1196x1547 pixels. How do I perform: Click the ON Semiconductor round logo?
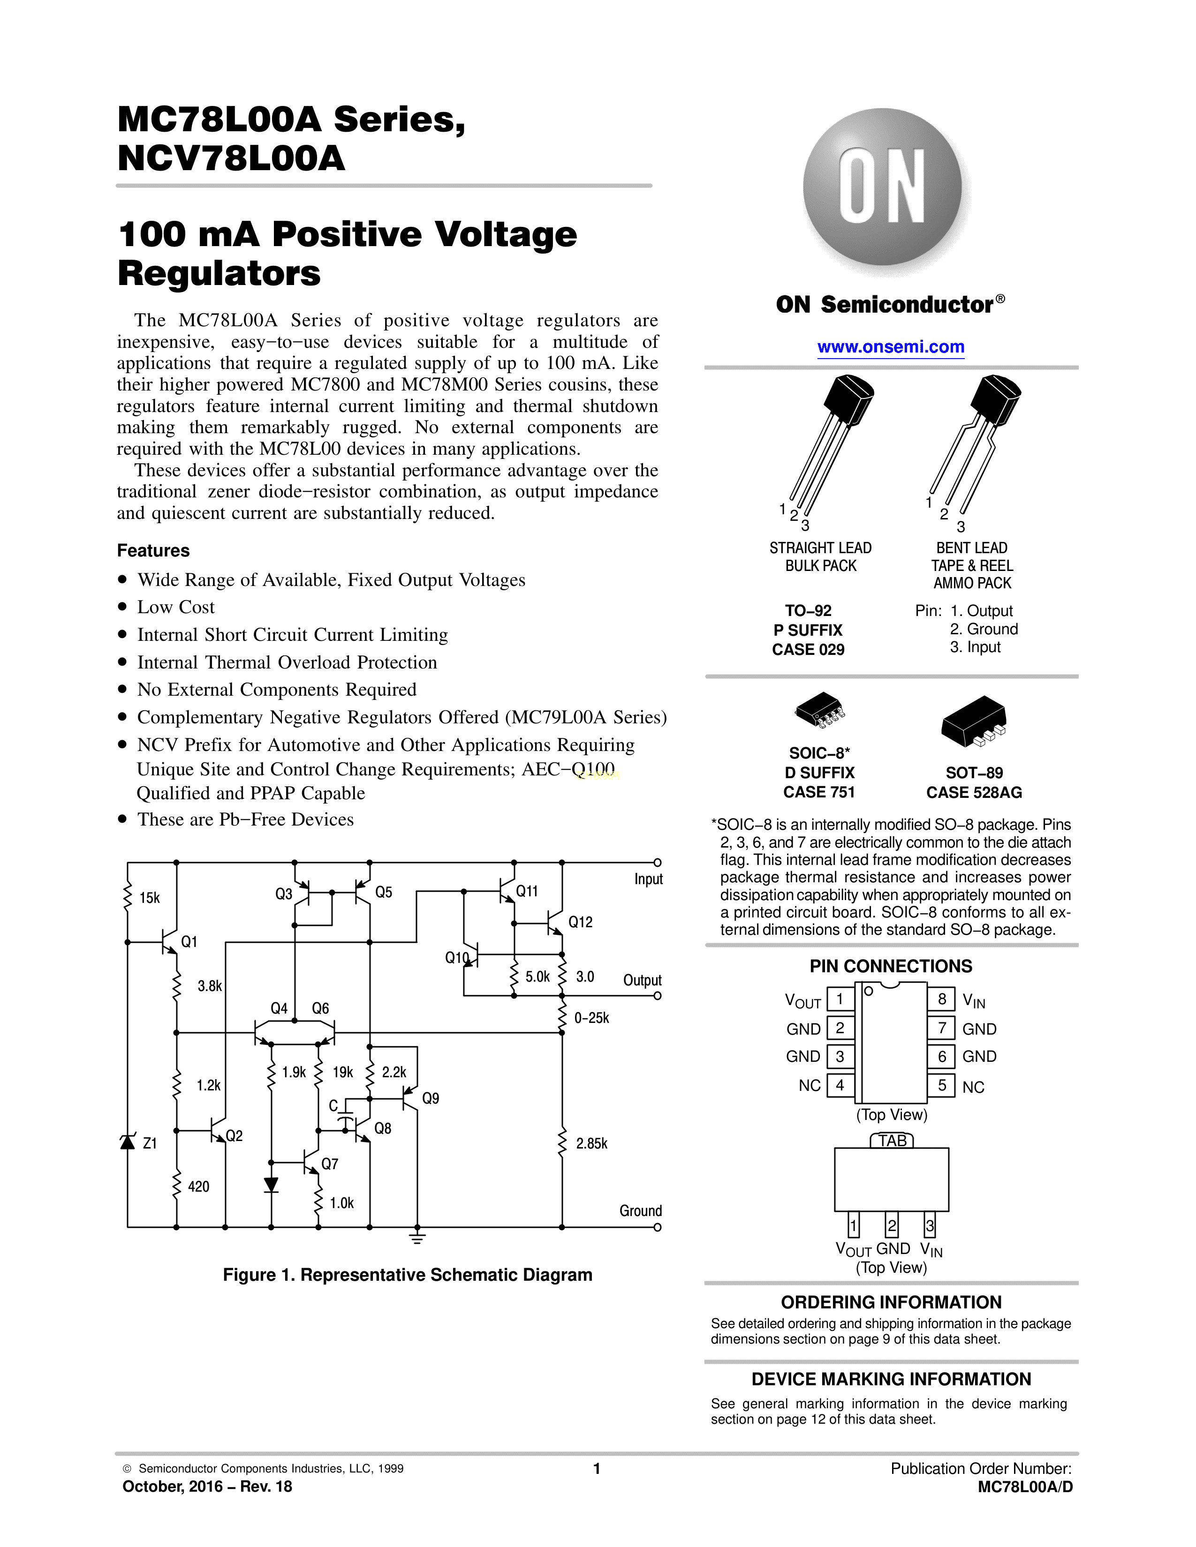(882, 187)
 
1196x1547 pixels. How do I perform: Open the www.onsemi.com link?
(891, 347)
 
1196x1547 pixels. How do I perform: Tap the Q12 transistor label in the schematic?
(580, 922)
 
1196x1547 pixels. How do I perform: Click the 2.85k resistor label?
(591, 1143)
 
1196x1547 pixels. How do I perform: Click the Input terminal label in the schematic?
(648, 879)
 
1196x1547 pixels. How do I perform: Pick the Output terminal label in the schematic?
(642, 980)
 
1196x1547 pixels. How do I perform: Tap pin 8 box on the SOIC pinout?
(942, 999)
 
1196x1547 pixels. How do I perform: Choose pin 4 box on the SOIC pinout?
(840, 1085)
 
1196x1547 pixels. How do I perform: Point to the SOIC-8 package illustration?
(820, 711)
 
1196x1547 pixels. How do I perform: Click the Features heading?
(153, 550)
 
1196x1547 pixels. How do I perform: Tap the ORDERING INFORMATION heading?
(891, 1302)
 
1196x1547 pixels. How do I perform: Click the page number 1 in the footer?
(597, 1468)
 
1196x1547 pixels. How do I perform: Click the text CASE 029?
(809, 650)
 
